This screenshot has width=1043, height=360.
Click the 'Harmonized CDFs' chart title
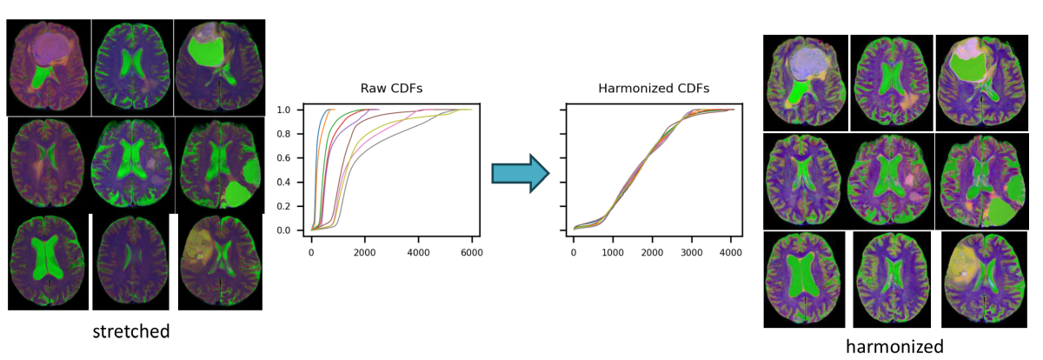pyautogui.click(x=653, y=89)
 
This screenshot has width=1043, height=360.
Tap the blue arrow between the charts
pyautogui.click(x=520, y=173)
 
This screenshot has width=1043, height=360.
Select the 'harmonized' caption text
pyautogui.click(x=894, y=346)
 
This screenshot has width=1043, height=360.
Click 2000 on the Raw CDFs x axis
pyautogui.click(x=365, y=252)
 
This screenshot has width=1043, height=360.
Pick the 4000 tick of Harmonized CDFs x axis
pyautogui.click(x=731, y=252)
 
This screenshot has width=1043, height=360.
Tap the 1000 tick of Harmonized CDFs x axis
pyautogui.click(x=613, y=252)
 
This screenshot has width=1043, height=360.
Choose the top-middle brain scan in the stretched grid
pyautogui.click(x=133, y=67)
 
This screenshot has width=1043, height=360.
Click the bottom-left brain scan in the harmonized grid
pyautogui.click(x=804, y=278)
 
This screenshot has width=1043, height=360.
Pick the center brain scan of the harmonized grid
pyautogui.click(x=891, y=180)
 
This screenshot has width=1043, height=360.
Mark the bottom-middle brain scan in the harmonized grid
pyautogui.click(x=892, y=278)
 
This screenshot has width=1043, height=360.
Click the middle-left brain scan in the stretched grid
pyautogui.click(x=49, y=165)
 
